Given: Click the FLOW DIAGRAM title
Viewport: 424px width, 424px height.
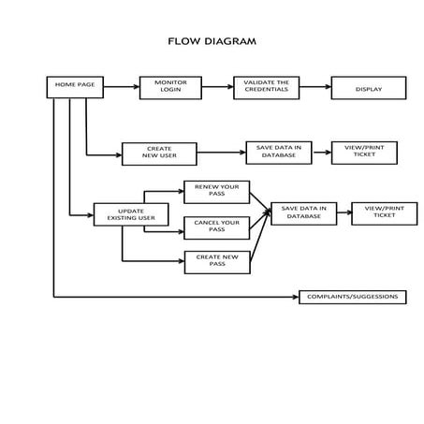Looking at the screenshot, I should pos(211,41).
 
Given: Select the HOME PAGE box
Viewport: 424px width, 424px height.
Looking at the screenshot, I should pos(74,86).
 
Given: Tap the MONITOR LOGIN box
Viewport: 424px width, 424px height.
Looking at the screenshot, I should pos(170,87).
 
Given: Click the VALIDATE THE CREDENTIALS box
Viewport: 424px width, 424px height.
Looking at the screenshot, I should pos(266,87).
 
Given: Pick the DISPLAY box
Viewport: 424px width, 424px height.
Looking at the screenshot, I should pos(368,88).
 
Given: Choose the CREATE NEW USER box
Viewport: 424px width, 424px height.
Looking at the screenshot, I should pos(159,154).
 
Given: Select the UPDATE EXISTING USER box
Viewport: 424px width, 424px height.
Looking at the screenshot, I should pos(131,214).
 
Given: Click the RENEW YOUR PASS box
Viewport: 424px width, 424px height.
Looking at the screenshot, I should pos(216,192).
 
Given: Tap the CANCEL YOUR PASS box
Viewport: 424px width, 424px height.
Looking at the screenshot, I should pos(216,227).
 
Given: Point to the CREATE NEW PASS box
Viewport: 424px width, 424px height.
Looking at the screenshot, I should pos(216,262).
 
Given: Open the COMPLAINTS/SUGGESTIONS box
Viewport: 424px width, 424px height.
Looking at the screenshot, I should pos(353,297).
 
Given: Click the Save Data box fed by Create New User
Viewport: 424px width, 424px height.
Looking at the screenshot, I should pos(278,153).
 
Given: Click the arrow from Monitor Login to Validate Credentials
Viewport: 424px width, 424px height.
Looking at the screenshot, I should pos(217,87).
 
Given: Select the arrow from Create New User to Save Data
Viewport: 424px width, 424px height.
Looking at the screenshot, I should pos(221,153).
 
